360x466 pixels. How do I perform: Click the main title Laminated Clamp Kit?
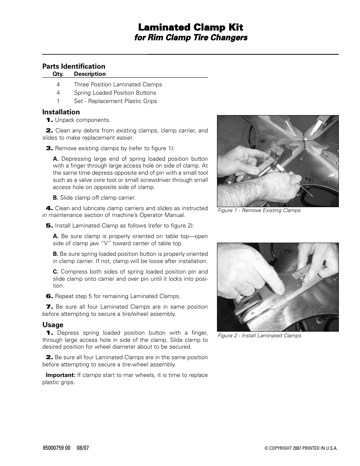191,27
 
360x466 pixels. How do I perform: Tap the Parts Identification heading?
74,66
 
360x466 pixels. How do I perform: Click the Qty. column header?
58,74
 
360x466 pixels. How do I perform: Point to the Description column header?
90,74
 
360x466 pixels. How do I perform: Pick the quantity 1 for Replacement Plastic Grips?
58,101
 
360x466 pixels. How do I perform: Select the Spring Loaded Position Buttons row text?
115,93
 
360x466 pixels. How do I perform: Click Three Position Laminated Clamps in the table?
118,85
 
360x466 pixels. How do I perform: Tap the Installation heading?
61,112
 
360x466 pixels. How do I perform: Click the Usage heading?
53,325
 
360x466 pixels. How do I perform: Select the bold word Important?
60,375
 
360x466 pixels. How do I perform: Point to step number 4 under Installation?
49,208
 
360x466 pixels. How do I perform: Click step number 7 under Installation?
49,307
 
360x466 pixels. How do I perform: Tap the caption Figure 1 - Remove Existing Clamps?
259,211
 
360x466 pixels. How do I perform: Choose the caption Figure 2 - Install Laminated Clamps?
259,336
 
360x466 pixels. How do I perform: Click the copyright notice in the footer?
301,449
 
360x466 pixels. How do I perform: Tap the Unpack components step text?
83,120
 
